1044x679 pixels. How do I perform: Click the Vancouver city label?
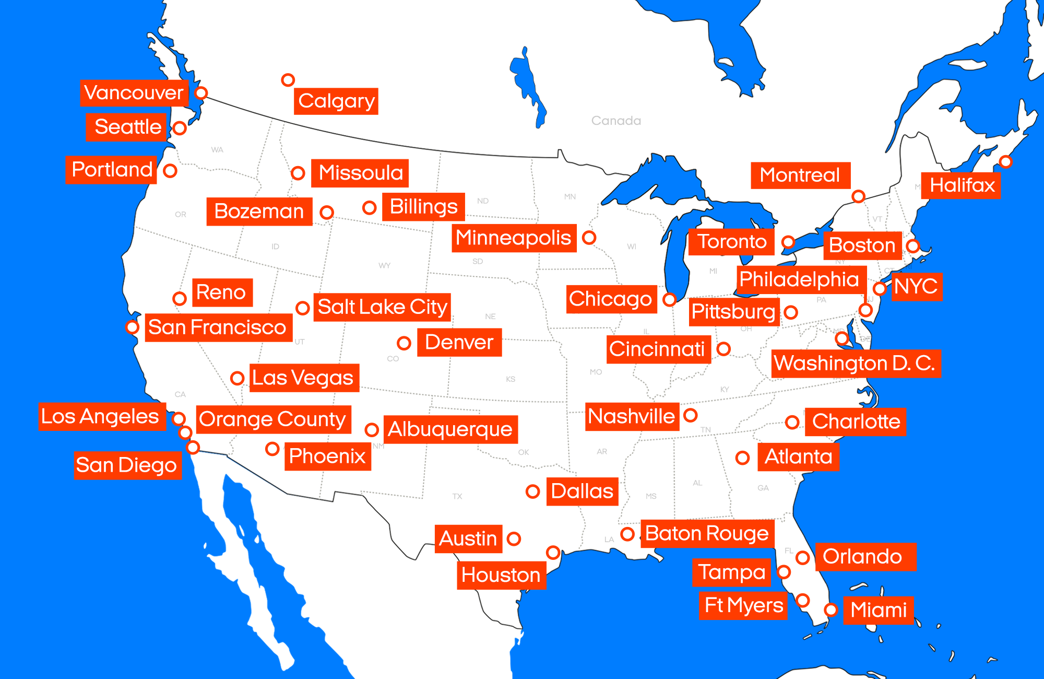tap(134, 93)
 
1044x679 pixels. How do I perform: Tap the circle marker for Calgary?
tap(288, 80)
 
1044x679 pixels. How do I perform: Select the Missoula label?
tap(360, 173)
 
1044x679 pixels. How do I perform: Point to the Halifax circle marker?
tap(1005, 162)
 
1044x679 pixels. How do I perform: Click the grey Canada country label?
tap(616, 121)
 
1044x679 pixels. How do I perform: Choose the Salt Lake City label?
tap(382, 307)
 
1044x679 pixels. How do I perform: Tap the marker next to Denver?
tap(404, 343)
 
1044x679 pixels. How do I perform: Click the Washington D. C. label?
tap(856, 364)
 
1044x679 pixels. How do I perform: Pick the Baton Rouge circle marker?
tap(627, 534)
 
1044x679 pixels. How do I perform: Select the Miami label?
tap(879, 610)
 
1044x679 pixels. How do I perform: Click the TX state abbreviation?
tap(457, 496)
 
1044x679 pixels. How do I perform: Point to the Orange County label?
tap(273, 419)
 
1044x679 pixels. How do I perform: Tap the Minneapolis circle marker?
tap(589, 238)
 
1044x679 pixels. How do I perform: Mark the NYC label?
tap(916, 287)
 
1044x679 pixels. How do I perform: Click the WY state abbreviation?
tap(385, 265)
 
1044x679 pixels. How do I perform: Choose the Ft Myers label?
tap(743, 606)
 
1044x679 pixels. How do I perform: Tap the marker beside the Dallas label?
tap(532, 491)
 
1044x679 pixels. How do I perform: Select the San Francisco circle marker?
tap(132, 327)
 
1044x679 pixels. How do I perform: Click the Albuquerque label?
tap(450, 429)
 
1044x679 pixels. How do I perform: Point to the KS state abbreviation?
tap(511, 379)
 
